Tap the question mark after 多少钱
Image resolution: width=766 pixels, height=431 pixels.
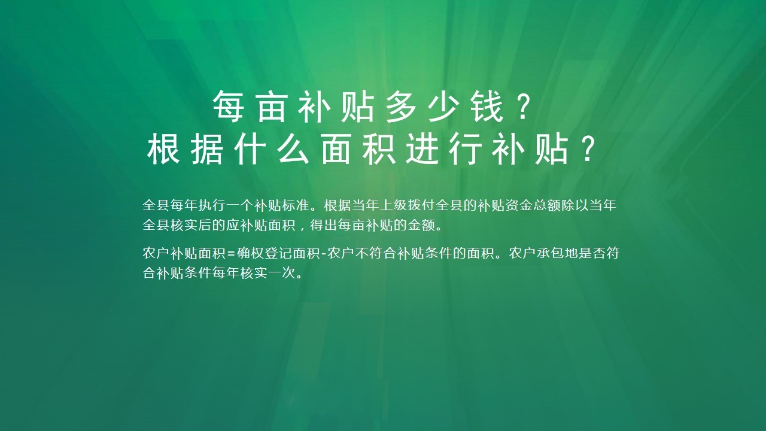[524, 107]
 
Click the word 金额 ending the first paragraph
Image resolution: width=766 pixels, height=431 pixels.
[420, 227]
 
